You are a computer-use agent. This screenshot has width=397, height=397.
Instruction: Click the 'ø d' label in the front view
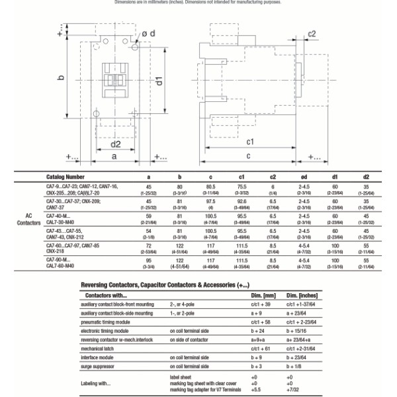point(149,33)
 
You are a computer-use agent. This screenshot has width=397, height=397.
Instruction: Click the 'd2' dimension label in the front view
point(115,144)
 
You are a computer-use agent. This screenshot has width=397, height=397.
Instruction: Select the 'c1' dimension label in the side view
point(251,142)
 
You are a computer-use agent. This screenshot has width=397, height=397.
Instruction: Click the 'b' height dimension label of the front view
point(61,78)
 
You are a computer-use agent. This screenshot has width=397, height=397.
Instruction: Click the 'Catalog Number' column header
point(65,177)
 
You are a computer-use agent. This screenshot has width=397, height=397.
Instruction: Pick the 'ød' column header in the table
point(304,177)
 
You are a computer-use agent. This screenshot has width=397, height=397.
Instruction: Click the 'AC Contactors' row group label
point(28,220)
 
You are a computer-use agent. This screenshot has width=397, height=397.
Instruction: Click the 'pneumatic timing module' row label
point(107,321)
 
